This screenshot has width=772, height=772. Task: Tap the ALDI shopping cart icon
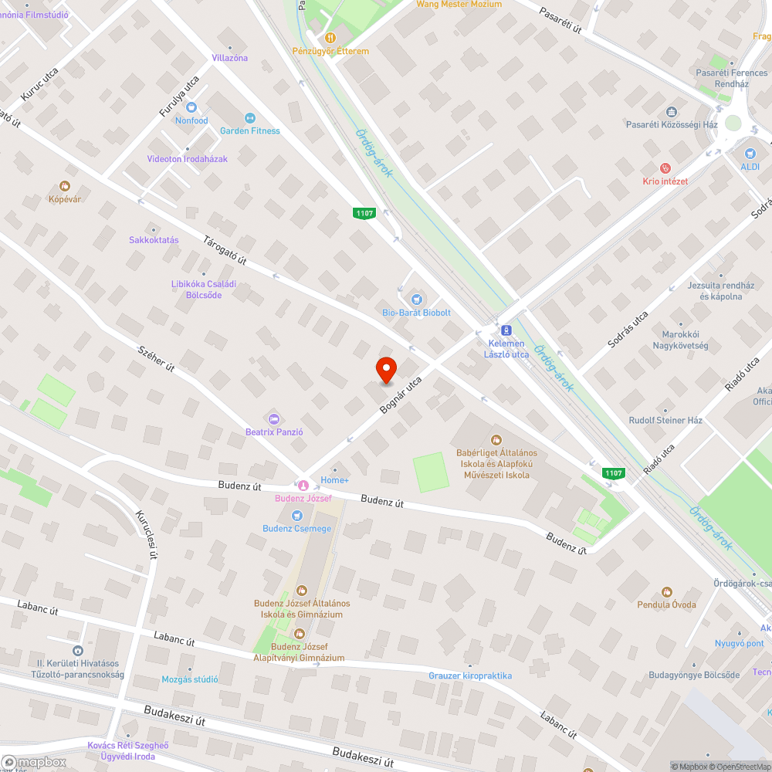point(750,153)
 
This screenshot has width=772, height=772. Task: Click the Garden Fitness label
point(250,130)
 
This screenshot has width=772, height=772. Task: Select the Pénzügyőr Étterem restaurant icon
point(330,37)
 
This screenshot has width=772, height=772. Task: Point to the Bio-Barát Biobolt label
point(417,313)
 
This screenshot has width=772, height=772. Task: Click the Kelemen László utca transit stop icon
point(506,329)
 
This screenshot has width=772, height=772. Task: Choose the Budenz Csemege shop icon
point(296,515)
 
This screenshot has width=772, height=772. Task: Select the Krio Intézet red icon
point(665,168)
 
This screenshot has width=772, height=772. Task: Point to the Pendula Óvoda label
point(666,604)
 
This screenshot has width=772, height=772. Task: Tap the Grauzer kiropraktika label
point(470,675)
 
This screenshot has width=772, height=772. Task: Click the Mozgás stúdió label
point(190,679)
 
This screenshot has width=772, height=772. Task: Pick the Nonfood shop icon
point(191,107)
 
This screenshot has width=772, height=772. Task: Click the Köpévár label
point(66,198)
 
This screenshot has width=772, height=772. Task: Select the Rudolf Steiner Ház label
point(665,421)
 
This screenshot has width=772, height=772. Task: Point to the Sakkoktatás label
point(154,240)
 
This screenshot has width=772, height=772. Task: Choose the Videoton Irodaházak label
point(188,159)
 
